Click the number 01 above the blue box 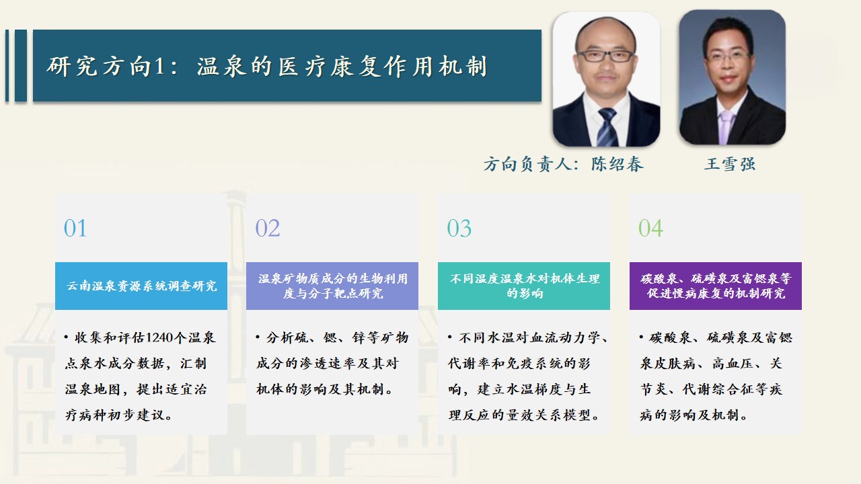75,228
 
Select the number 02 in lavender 268,228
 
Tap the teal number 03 459,228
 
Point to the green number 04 650,228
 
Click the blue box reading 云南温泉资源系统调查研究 141,286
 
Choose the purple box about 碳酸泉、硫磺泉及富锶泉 715,286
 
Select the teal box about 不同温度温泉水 524,286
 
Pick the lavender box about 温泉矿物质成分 332,286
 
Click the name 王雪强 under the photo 730,164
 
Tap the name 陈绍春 617,164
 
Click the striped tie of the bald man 607,127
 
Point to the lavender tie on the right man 726,127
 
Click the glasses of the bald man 605,56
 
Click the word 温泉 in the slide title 221,66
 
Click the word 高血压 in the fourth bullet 733,364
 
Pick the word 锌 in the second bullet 359,337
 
